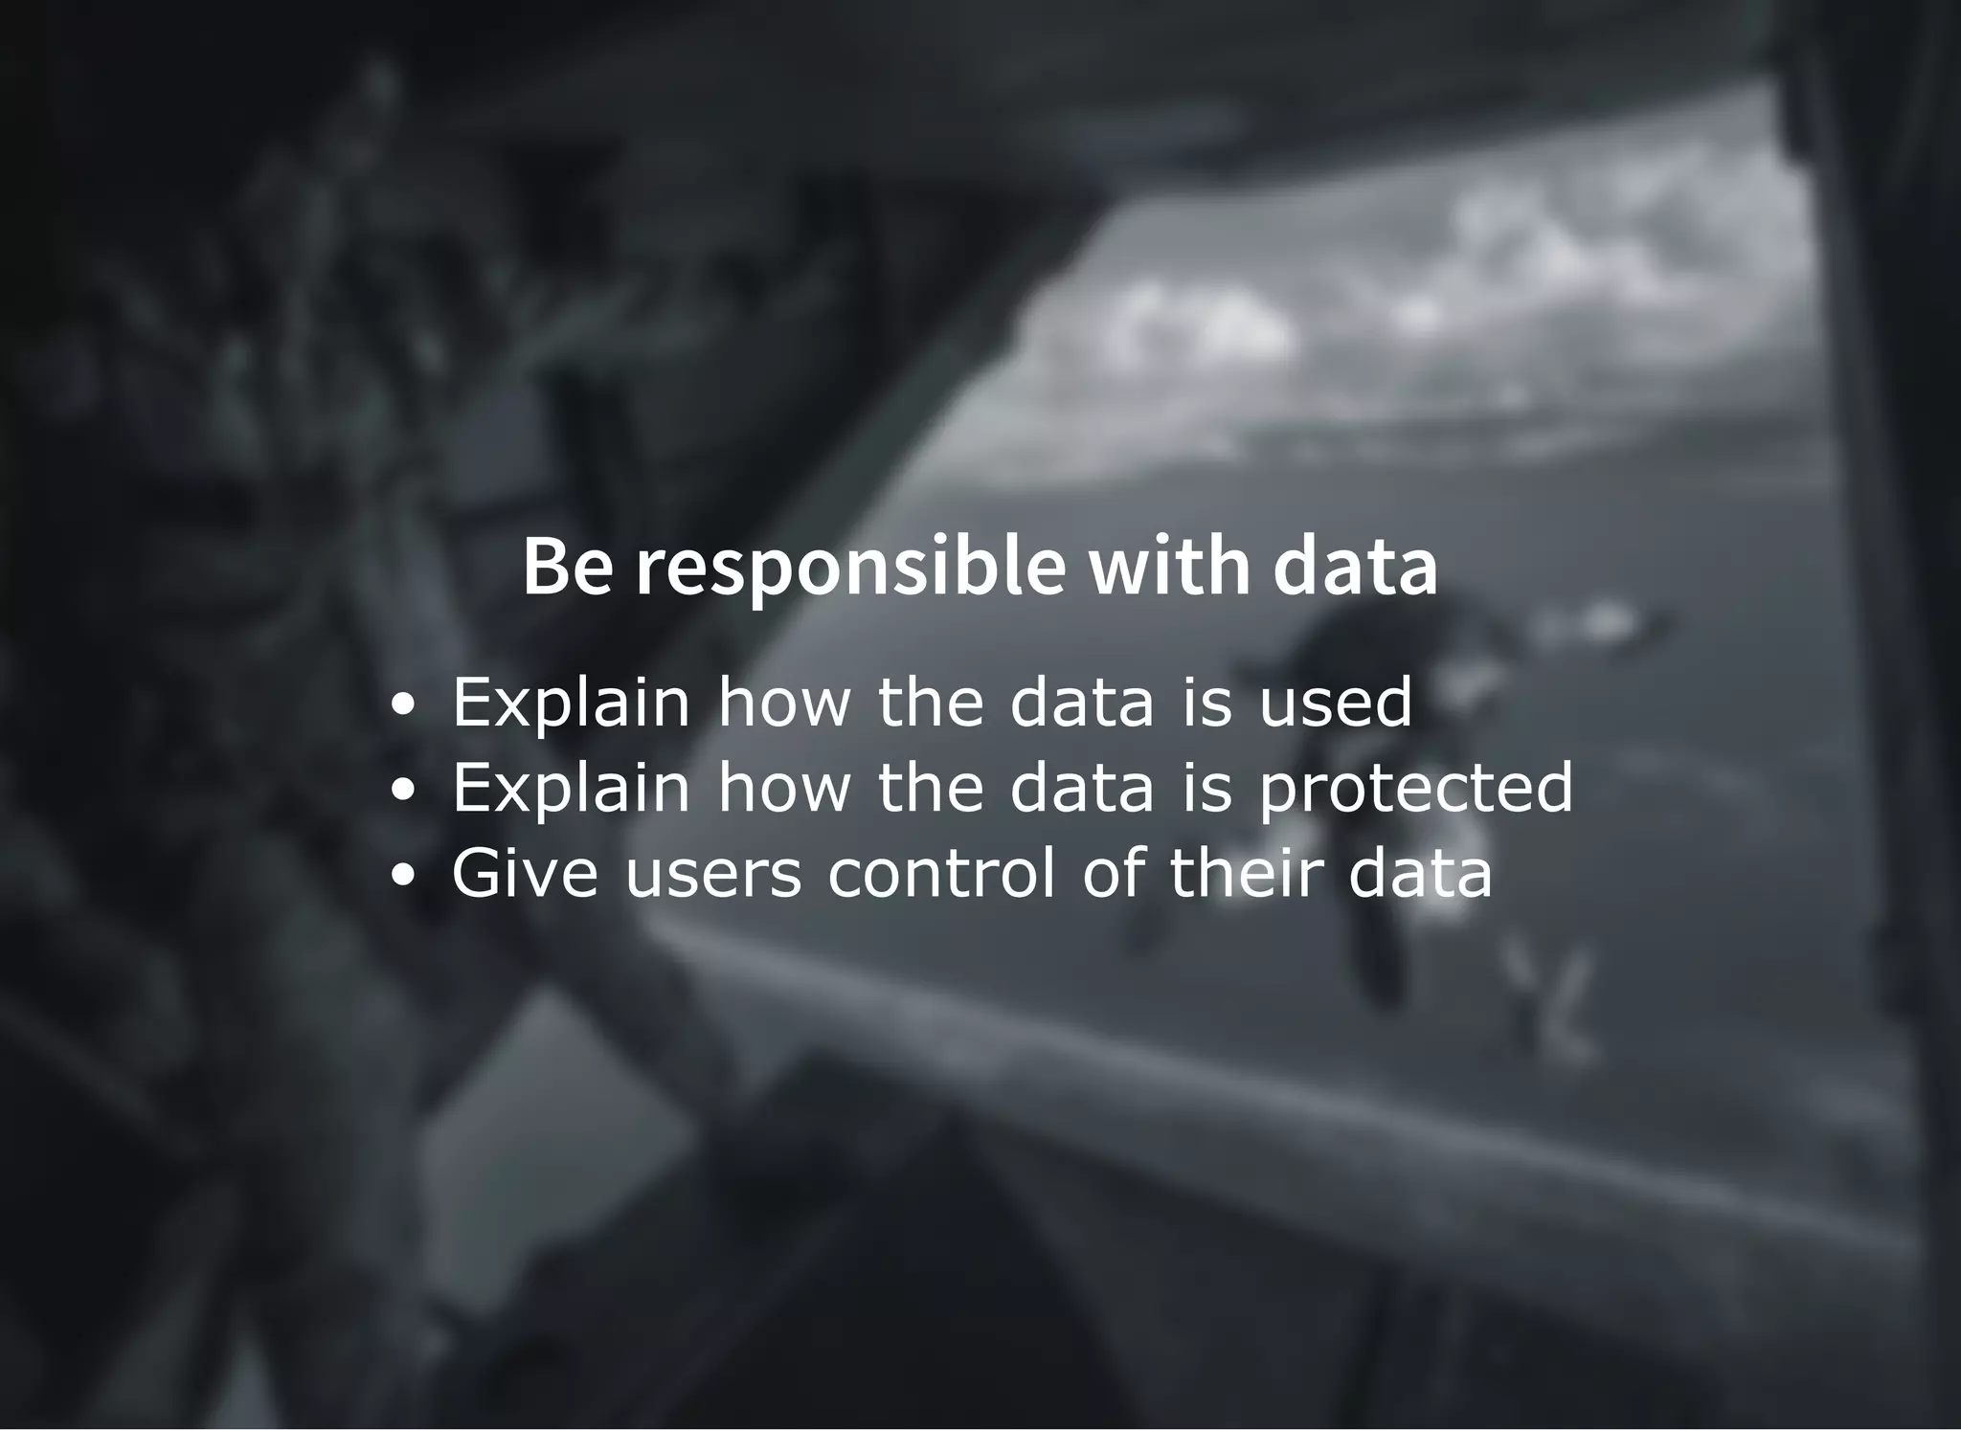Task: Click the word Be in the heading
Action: pos(567,567)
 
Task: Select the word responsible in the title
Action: pos(850,570)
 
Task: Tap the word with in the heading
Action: pos(1168,567)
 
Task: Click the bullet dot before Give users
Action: pos(404,875)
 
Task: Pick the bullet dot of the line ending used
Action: pos(404,704)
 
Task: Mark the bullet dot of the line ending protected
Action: pos(404,790)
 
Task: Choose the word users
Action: pos(712,875)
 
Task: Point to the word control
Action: pos(941,873)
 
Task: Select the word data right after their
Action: pos(1420,873)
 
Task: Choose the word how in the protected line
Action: pos(784,788)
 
